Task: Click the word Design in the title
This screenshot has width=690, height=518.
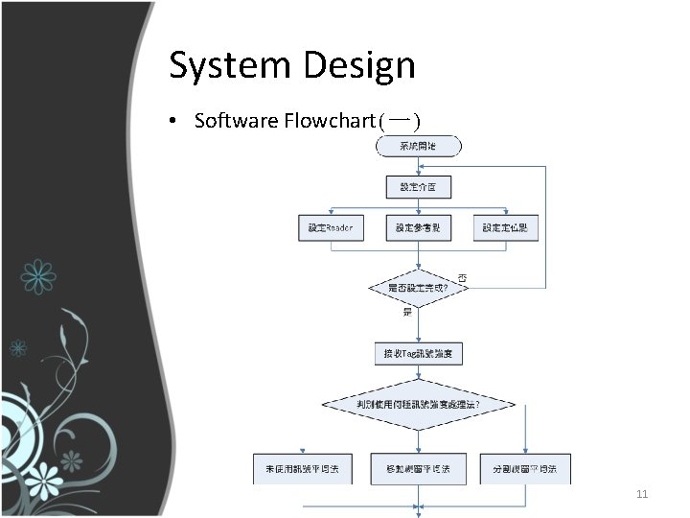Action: tap(360, 66)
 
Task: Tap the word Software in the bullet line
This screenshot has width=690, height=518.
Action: tap(236, 121)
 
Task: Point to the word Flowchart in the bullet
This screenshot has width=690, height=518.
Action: tap(328, 121)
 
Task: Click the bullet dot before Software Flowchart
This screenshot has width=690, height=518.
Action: tap(171, 122)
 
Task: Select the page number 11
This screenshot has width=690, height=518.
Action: tap(643, 495)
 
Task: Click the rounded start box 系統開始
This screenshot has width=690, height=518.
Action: tap(419, 146)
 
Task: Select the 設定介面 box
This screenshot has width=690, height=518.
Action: tap(419, 186)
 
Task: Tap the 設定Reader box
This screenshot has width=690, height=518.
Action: tap(332, 228)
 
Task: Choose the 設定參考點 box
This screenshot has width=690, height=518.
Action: tap(419, 228)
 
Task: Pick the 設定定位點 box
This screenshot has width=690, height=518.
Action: tap(505, 228)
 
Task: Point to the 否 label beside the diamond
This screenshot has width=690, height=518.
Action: tap(463, 278)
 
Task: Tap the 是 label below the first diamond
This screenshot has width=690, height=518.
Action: tap(407, 312)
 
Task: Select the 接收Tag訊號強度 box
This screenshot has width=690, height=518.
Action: tap(419, 354)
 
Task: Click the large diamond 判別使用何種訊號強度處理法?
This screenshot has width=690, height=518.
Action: tap(419, 405)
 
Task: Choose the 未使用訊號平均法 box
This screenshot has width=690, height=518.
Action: tap(302, 468)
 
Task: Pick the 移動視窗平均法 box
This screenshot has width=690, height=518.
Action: tap(419, 468)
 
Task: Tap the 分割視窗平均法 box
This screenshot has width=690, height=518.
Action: tap(525, 468)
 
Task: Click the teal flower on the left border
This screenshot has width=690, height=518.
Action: tap(37, 276)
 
